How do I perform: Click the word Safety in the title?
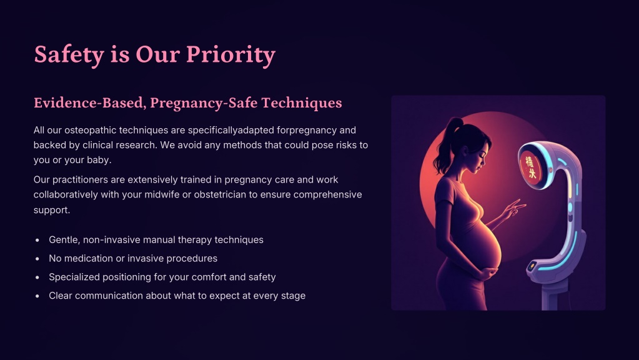[69, 54]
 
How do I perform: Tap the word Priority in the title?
[230, 54]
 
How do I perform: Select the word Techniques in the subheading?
[302, 103]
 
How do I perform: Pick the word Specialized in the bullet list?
[74, 277]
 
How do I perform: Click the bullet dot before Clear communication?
[37, 296]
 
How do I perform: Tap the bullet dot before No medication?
[37, 259]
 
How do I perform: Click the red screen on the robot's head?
[530, 167]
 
